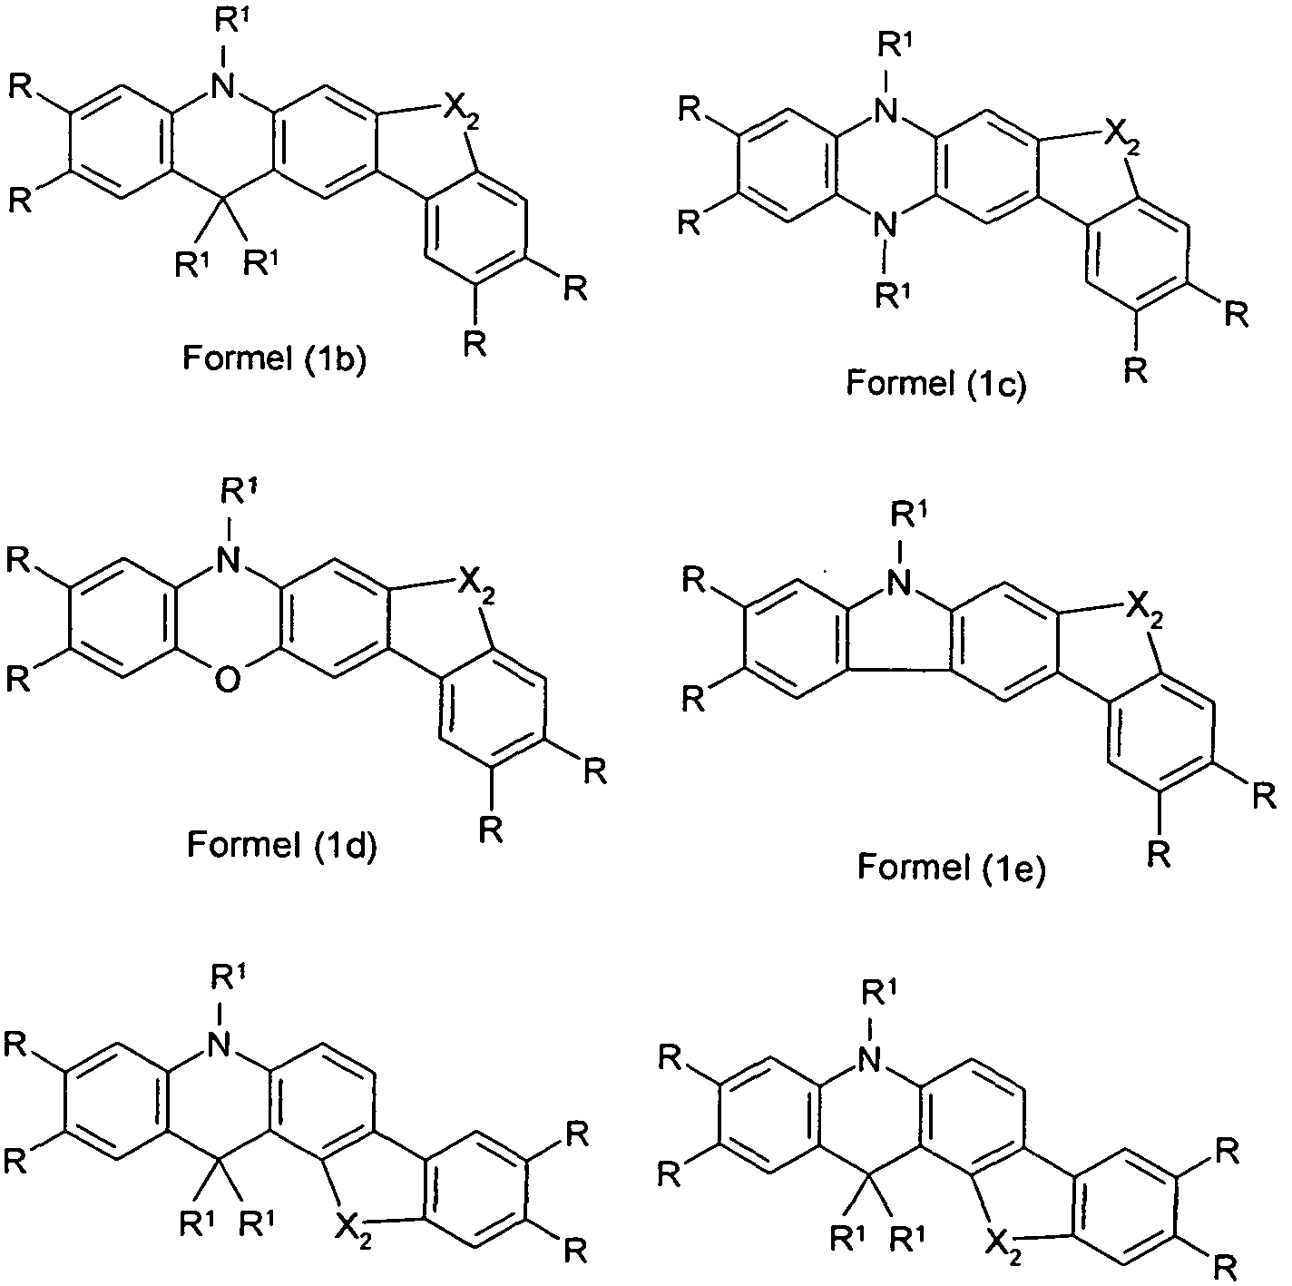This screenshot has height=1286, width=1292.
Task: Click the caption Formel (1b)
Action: coord(274,358)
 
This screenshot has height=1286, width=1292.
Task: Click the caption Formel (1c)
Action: coord(936,383)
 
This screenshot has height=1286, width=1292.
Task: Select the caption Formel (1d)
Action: coord(282,844)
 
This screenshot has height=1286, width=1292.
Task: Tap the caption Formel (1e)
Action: coord(952,867)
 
